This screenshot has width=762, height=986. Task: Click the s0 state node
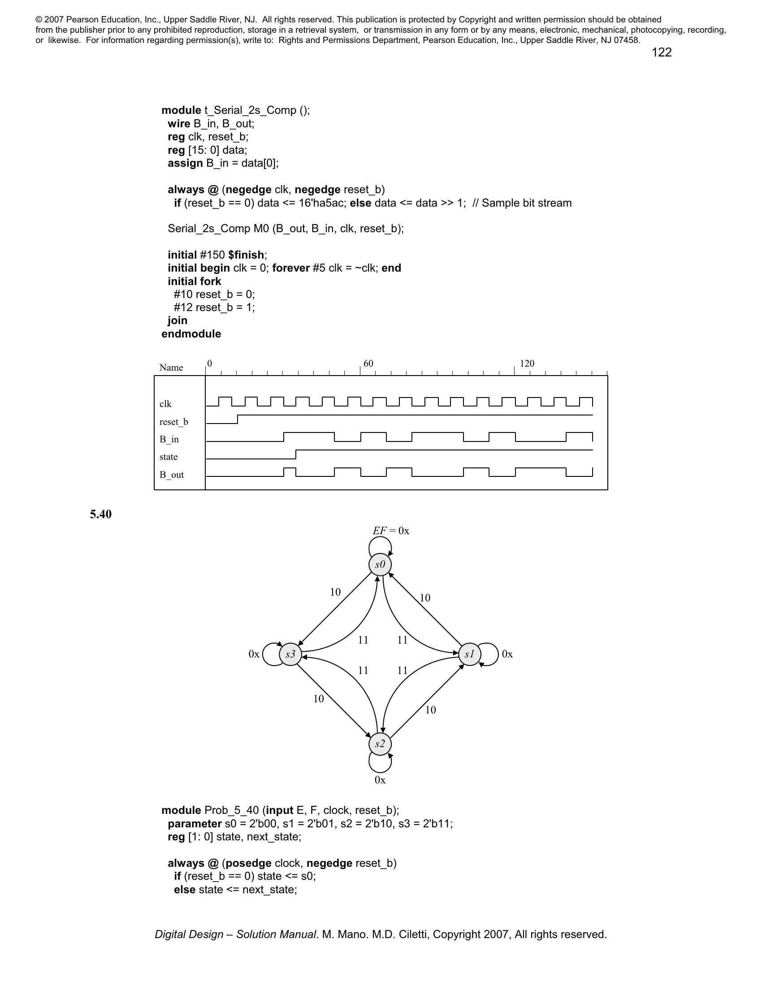point(380,565)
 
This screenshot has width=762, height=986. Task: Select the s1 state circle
point(469,654)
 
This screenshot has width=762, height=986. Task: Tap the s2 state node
point(380,744)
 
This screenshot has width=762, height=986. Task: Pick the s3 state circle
point(290,654)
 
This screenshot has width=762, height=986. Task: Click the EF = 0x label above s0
point(391,531)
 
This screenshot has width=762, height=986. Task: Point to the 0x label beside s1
point(507,654)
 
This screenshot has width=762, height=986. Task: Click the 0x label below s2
point(380,780)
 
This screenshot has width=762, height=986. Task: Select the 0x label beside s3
point(254,654)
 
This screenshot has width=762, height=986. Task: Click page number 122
point(661,53)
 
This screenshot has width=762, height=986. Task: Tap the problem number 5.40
point(101,514)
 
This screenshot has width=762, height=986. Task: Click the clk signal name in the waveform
point(166,404)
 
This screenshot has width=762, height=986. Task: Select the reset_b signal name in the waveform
point(174,422)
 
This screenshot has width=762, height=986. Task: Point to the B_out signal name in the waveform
point(172,475)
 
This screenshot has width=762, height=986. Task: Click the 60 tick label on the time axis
point(368,363)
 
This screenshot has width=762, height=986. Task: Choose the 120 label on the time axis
point(527,363)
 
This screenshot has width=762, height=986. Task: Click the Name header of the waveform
point(171,368)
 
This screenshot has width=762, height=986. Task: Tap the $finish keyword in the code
point(246,255)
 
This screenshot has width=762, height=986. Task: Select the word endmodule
point(191,333)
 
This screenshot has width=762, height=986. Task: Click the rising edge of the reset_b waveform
point(238,419)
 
